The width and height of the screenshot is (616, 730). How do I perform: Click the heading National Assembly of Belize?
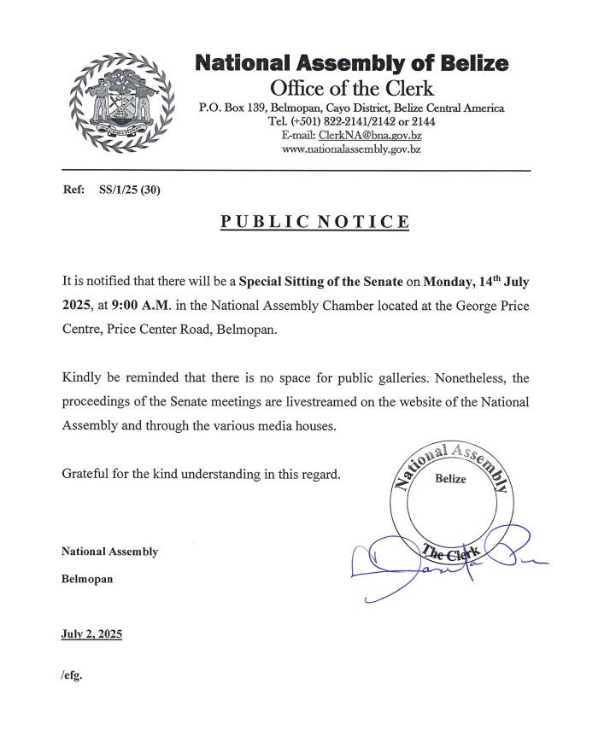tap(351, 63)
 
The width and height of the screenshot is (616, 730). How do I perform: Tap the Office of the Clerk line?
tap(351, 87)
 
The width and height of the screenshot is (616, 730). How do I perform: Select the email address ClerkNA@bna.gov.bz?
tap(370, 135)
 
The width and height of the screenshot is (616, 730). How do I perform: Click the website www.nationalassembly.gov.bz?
tap(351, 149)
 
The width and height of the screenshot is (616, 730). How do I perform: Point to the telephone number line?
tap(351, 121)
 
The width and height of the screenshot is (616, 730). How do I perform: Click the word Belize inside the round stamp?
tap(450, 479)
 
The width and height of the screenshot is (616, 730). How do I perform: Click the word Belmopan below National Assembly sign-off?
tap(87, 578)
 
